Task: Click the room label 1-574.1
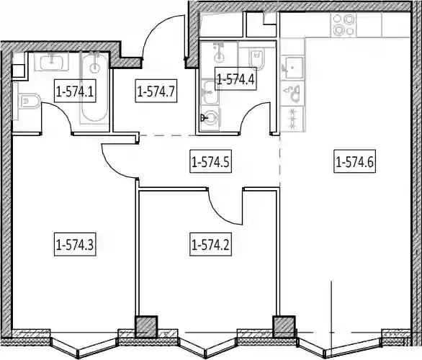(x=75, y=91)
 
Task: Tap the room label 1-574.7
(x=156, y=91)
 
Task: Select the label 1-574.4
(x=235, y=78)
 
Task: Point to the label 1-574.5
(x=210, y=161)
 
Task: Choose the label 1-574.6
(x=355, y=161)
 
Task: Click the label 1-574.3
(x=75, y=244)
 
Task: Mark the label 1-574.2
(x=210, y=244)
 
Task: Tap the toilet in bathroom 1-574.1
(x=27, y=101)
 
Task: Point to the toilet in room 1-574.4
(x=256, y=58)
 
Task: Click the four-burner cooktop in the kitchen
(x=344, y=25)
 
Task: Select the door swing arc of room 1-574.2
(x=223, y=209)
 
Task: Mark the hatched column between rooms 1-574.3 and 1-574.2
(x=145, y=326)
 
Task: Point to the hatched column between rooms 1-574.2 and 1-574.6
(x=284, y=326)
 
